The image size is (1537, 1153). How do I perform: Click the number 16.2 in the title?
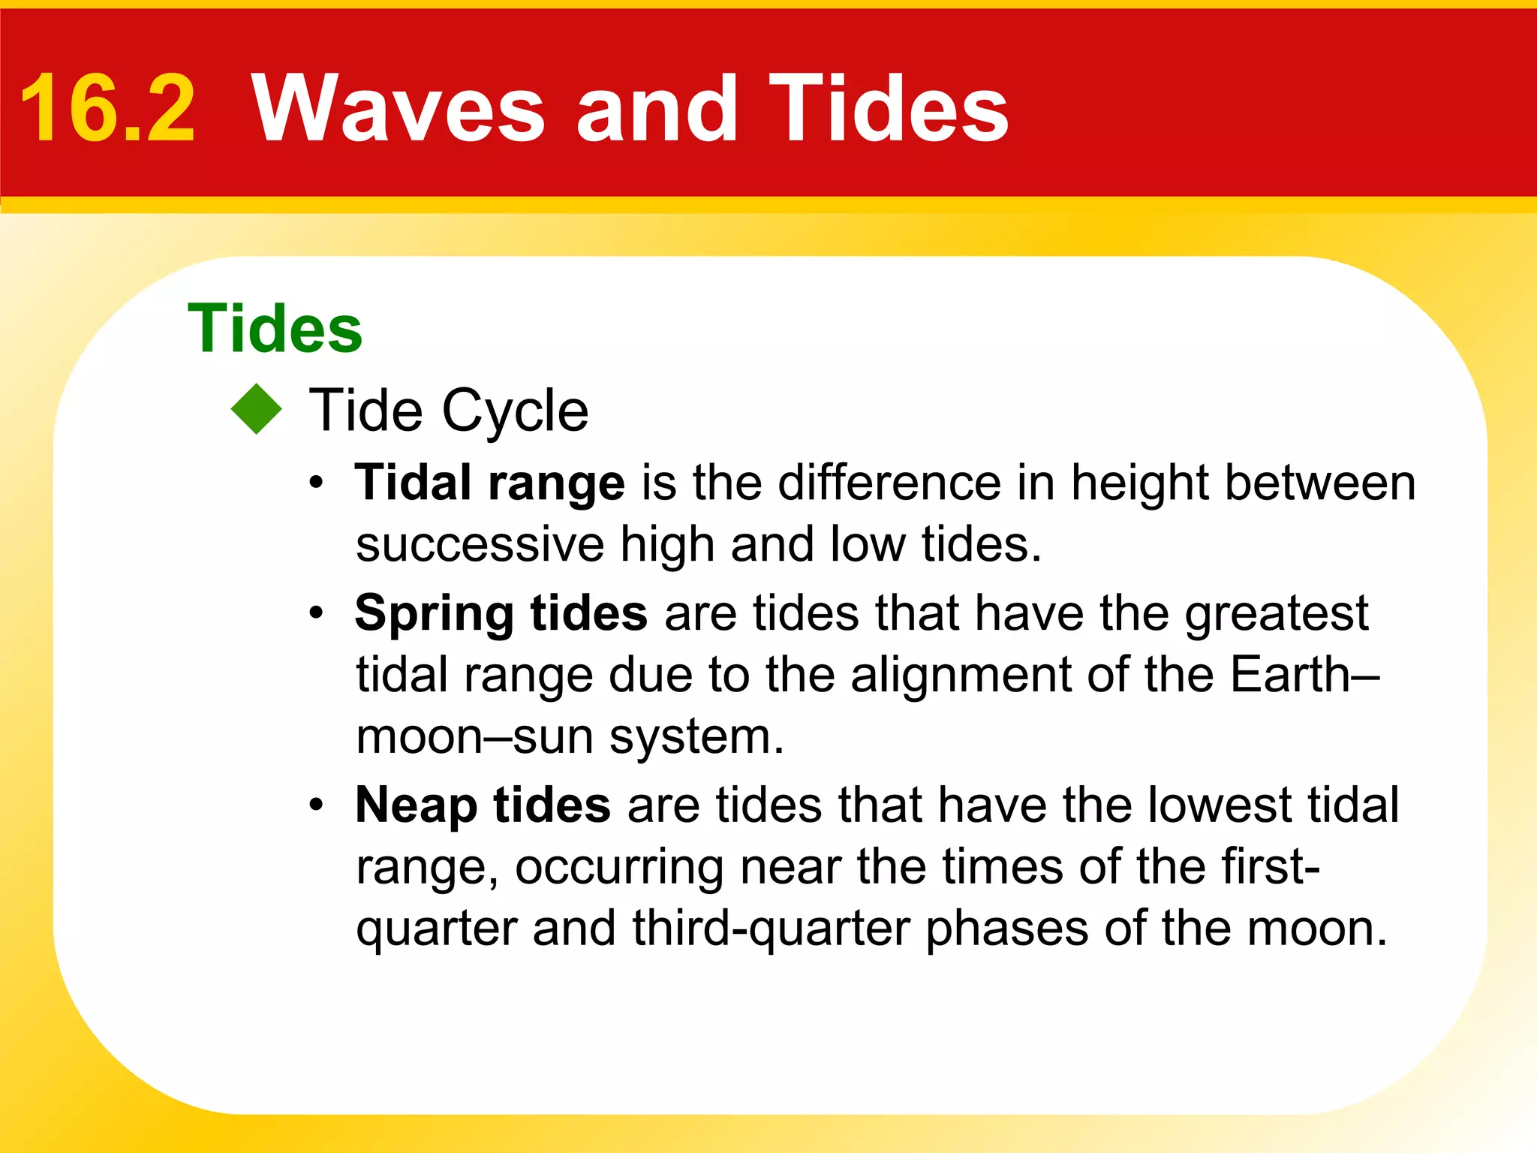click(107, 110)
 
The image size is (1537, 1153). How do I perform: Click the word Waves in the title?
click(398, 110)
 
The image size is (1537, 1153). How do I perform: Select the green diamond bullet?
click(257, 409)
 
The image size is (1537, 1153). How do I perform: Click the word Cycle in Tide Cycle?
click(515, 411)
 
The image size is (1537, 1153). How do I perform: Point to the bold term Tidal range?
click(489, 483)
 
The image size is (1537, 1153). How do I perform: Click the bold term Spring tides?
click(501, 613)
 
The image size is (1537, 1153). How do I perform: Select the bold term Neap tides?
click(483, 805)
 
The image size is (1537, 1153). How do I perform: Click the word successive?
click(480, 545)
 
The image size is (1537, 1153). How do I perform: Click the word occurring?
click(618, 869)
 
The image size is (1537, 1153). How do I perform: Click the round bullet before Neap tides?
click(317, 805)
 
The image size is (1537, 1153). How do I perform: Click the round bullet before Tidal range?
click(317, 483)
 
